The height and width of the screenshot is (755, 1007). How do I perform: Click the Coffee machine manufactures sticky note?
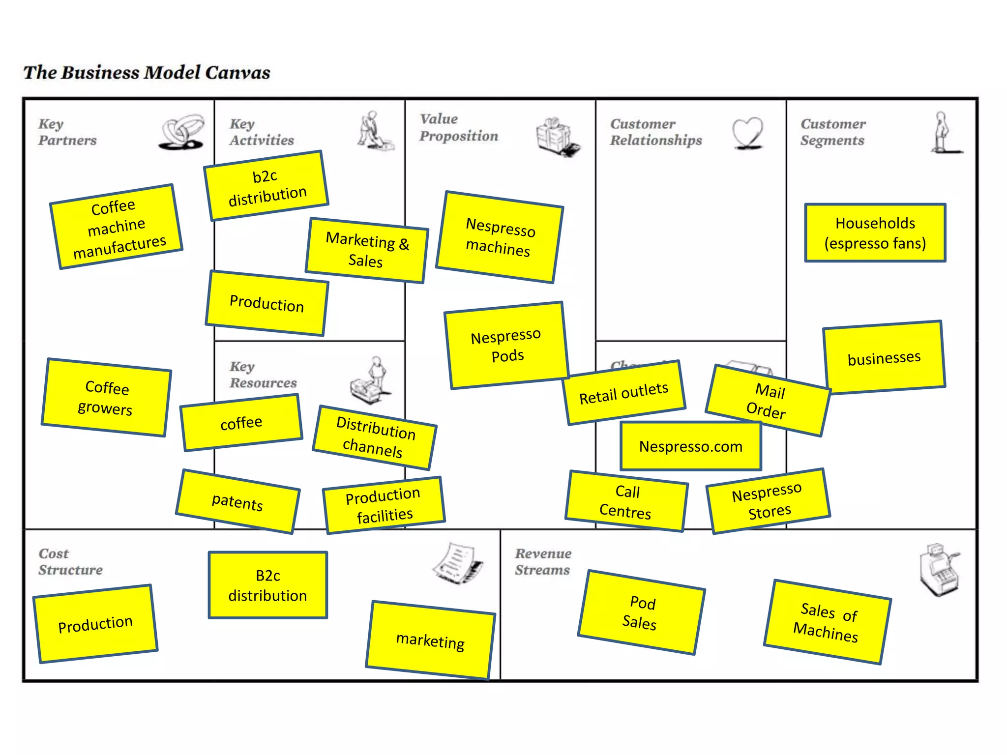[117, 227]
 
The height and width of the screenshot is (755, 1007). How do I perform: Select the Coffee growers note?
[106, 398]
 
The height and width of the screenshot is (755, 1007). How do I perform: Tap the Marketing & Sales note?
[367, 250]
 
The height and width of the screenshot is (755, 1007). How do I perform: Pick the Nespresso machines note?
[500, 237]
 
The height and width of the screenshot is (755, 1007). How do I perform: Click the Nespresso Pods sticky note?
[506, 346]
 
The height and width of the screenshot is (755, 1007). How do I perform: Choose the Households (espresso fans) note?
[875, 232]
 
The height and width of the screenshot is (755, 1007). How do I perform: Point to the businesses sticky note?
[884, 357]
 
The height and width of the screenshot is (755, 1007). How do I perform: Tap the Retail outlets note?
[624, 393]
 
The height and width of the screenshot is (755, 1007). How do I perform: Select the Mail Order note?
[768, 401]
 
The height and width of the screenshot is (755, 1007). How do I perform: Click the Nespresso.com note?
[690, 446]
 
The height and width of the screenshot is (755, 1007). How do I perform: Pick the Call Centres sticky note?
[626, 501]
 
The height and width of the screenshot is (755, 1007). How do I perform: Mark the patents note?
[237, 502]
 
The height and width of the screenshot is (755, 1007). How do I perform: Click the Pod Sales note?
[641, 612]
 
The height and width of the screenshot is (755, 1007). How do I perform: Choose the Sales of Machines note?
[827, 622]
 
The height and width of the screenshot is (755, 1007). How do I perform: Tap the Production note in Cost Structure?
[95, 624]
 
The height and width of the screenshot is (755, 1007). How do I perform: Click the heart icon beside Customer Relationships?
[747, 132]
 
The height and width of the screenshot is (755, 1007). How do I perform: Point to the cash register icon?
[939, 569]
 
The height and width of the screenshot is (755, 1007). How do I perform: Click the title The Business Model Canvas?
[147, 72]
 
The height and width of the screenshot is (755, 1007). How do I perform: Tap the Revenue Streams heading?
[543, 561]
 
